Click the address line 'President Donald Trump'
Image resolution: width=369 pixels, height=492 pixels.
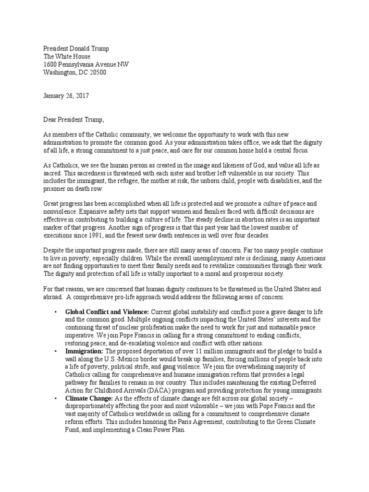(x=76, y=48)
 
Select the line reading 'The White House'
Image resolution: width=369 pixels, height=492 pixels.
(x=67, y=56)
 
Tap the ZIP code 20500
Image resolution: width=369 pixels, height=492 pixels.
(x=97, y=73)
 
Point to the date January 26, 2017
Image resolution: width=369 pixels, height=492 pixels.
(x=66, y=96)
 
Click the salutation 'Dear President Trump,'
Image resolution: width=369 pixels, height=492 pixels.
(x=74, y=119)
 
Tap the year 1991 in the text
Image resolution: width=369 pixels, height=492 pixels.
(x=122, y=236)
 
